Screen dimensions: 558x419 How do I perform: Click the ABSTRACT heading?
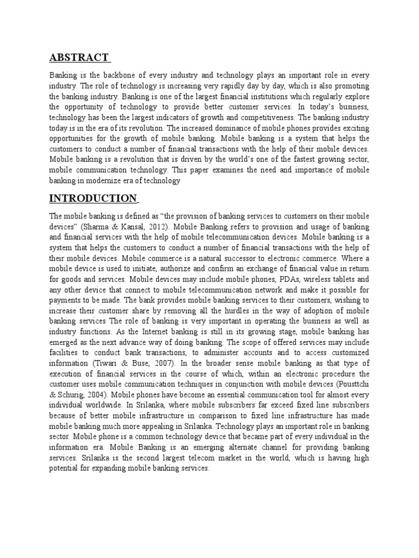click(79, 58)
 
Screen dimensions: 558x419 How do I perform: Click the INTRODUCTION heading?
click(93, 197)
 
